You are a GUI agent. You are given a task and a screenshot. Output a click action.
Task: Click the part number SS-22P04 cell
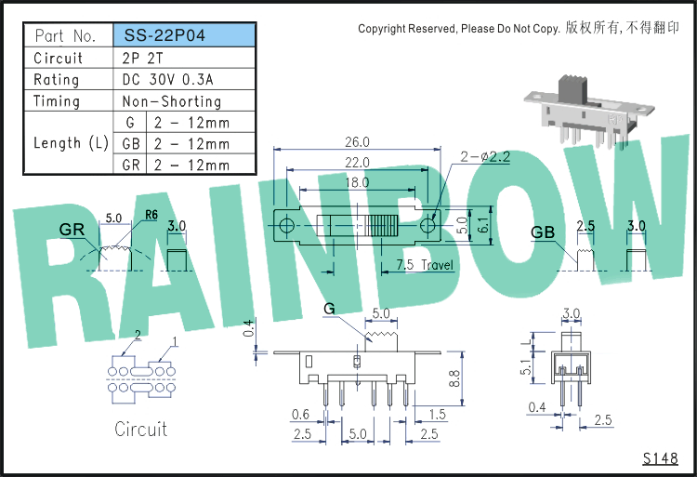click(184, 35)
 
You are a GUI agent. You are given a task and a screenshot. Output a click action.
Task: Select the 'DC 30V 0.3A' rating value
click(167, 80)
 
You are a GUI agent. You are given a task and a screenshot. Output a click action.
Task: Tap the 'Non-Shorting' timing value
click(172, 101)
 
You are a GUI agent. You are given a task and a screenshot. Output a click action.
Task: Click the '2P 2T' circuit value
click(143, 58)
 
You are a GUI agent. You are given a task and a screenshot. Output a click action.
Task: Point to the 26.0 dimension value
click(357, 142)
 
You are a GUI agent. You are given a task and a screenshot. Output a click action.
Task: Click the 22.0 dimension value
click(357, 163)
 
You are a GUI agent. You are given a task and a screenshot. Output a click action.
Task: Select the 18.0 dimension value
click(357, 182)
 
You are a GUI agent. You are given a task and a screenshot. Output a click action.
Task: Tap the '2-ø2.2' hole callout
click(485, 156)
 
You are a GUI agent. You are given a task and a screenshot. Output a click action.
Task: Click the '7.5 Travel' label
click(425, 265)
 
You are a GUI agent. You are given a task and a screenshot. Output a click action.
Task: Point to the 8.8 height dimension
click(454, 379)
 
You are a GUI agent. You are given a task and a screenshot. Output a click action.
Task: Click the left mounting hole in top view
click(287, 225)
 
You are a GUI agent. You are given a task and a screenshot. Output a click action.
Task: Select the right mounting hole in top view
click(427, 225)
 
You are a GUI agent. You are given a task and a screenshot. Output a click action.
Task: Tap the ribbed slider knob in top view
click(383, 225)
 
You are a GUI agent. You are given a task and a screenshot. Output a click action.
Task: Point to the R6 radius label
click(151, 215)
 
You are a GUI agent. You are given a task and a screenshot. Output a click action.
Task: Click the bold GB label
click(543, 232)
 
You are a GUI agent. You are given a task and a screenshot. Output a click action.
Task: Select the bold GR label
click(72, 230)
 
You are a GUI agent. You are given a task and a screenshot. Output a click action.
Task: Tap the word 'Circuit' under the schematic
click(141, 429)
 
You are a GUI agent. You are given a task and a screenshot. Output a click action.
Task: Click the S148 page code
click(660, 458)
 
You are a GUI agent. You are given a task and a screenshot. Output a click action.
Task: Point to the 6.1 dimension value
click(483, 225)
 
